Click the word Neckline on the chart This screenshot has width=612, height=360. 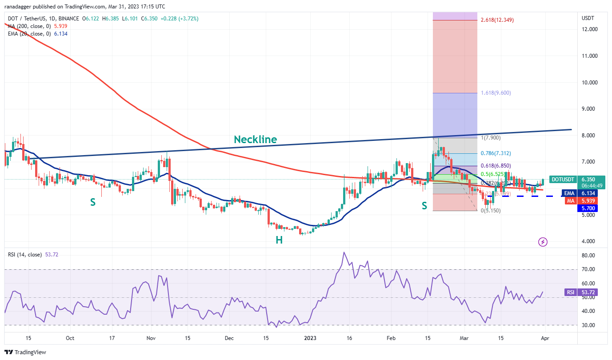[256, 140]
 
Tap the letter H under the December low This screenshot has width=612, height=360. [279, 240]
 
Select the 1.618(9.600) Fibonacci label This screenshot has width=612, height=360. [496, 93]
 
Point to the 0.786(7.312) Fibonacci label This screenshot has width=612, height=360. [496, 153]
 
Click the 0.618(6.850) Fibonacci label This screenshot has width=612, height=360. [496, 165]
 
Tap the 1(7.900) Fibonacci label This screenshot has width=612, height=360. [491, 138]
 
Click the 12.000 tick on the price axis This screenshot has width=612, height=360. [590, 29]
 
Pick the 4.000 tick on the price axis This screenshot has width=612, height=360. [589, 241]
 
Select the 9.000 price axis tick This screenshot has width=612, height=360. [589, 109]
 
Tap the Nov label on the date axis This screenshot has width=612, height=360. [151, 338]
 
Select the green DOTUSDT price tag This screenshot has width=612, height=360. [563, 180]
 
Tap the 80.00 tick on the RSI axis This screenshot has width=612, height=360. [589, 256]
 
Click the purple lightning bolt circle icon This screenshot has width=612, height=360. [543, 242]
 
